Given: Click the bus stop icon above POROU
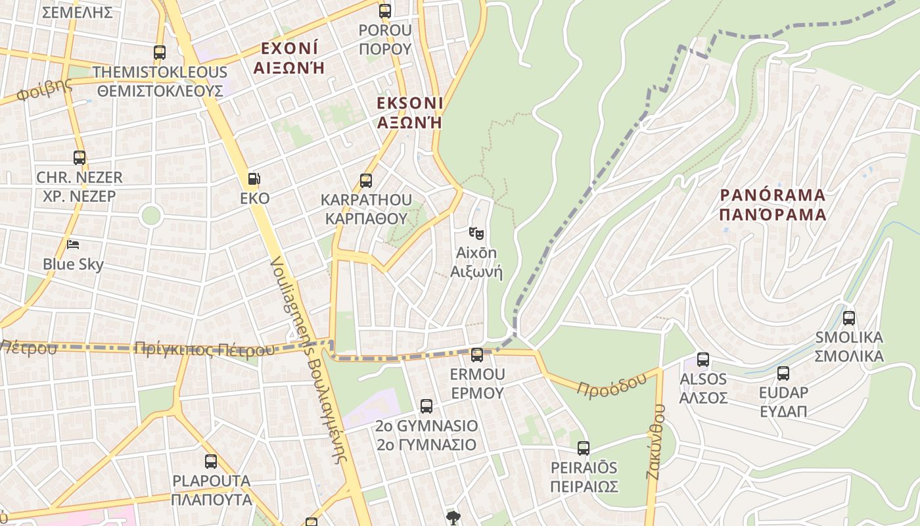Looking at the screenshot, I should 385,11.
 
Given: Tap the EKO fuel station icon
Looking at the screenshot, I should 254,178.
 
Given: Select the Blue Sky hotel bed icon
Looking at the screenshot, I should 73,245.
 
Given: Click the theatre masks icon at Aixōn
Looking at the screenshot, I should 476,233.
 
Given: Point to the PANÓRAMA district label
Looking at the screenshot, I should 772,204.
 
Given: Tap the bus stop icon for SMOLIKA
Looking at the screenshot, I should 849,318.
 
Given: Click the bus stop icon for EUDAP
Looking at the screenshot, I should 783,373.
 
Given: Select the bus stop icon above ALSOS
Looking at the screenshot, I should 703,360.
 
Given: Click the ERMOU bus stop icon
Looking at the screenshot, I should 477,355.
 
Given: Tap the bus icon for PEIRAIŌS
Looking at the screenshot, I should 584,448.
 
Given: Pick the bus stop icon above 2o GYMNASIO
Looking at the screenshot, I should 426,406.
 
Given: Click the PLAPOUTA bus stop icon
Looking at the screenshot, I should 211,462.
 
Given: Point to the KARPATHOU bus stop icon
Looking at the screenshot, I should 366,180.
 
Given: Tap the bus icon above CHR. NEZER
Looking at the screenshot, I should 80,158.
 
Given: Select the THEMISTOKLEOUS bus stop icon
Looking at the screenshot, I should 160,53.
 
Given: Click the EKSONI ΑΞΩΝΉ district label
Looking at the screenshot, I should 410,112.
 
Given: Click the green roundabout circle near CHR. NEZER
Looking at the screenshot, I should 151,215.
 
